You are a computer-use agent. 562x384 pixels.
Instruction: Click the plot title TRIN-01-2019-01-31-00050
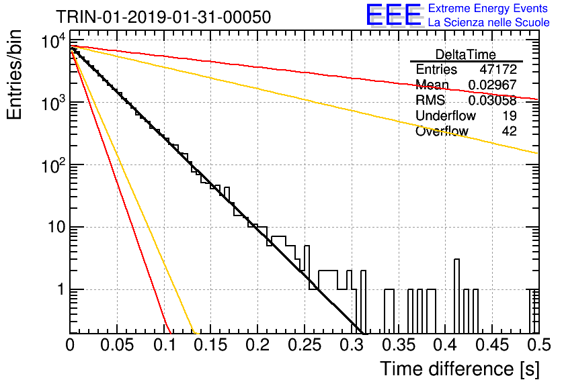[x=163, y=17]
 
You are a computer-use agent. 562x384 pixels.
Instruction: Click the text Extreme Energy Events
[x=488, y=8]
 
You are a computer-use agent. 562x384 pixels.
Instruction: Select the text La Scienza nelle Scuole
[x=489, y=22]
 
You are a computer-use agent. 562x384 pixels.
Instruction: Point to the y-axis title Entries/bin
[x=14, y=75]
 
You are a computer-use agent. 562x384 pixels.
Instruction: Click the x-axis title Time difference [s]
[x=460, y=369]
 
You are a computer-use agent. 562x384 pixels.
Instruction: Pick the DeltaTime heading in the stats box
[x=465, y=54]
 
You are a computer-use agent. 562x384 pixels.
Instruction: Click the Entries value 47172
[x=498, y=69]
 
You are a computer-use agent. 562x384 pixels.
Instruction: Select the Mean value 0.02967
[x=493, y=85]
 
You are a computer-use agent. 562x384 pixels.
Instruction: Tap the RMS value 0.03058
[x=493, y=101]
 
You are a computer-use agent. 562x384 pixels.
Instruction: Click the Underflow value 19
[x=509, y=115]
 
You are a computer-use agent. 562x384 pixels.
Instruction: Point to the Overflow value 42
[x=509, y=131]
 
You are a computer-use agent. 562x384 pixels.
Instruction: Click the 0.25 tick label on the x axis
[x=305, y=345]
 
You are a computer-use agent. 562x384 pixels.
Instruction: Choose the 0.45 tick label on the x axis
[x=493, y=345]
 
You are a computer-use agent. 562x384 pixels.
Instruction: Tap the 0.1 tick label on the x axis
[x=165, y=345]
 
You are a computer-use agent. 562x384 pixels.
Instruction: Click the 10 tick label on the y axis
[x=56, y=228]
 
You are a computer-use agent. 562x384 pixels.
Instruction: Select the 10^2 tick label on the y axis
[x=53, y=166]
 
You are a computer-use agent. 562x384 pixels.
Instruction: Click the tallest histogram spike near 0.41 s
[x=456, y=274]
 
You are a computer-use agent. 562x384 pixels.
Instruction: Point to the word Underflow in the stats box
[x=446, y=115]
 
